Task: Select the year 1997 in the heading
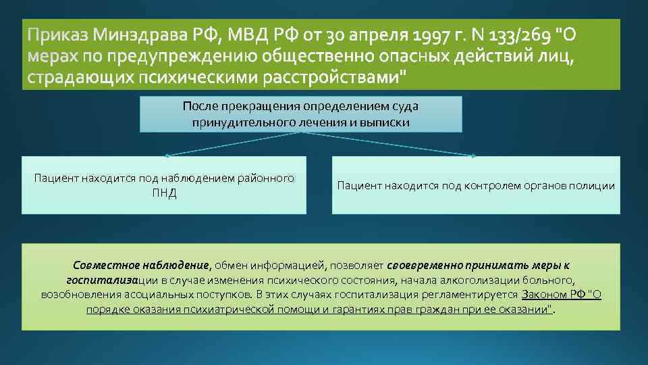click(433, 34)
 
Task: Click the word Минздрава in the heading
click(141, 34)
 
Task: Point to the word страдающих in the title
click(80, 78)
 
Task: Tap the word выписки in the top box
click(388, 122)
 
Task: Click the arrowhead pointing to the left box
click(167, 155)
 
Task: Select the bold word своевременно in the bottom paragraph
click(421, 266)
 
